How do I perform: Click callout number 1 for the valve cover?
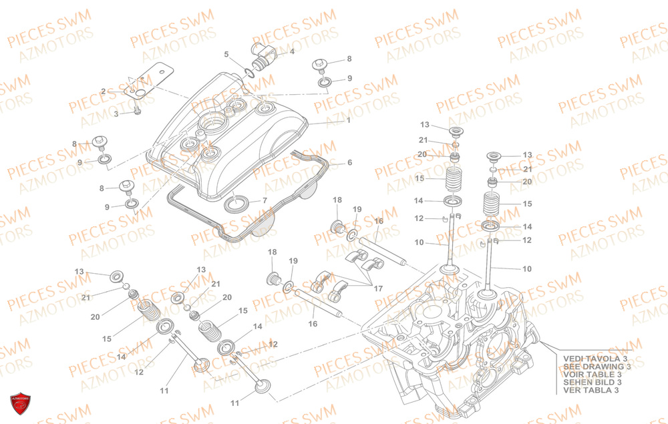coord(348,121)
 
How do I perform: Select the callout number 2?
coord(104,91)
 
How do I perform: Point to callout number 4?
coord(292,51)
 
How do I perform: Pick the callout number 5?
coord(226,54)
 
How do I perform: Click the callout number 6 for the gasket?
coord(349,162)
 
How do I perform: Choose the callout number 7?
coord(265,200)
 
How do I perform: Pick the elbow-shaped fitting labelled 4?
coord(260,51)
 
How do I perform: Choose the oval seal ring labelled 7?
coord(238,203)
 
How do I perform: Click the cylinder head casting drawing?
coord(454,334)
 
